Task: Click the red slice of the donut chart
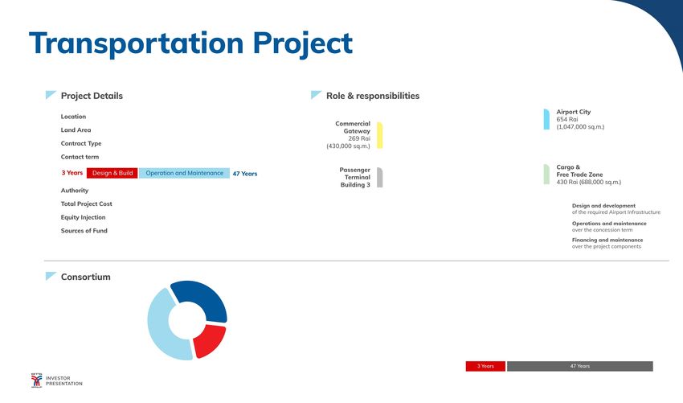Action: point(210,340)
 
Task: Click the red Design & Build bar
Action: point(112,173)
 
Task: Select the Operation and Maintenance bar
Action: point(184,173)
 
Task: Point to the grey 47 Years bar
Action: point(580,366)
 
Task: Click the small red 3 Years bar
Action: point(485,366)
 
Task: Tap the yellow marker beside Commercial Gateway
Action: point(380,136)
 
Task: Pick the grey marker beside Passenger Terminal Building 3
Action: point(380,178)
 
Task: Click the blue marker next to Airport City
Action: point(546,120)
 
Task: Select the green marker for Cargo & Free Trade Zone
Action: point(546,175)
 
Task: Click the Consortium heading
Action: point(85,277)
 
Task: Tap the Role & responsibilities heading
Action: point(373,96)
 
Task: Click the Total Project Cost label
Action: point(86,204)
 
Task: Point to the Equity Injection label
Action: point(84,217)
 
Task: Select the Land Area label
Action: point(76,130)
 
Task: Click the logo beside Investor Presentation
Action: point(37,380)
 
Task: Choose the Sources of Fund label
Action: point(84,231)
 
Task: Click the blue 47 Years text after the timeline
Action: point(245,174)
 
